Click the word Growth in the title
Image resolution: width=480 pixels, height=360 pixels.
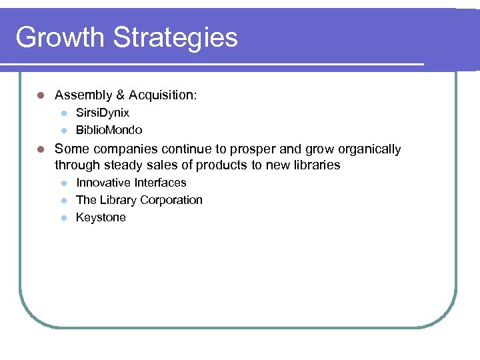tap(61, 37)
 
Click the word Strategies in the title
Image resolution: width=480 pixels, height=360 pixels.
tap(175, 37)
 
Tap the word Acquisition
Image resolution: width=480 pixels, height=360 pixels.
tap(163, 95)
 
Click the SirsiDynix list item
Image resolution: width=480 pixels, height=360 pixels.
tap(103, 113)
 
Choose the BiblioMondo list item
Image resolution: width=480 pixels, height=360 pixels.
tap(109, 130)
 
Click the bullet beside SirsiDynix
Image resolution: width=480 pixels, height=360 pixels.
tap(63, 113)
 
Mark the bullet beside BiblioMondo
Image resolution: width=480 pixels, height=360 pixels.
tap(63, 131)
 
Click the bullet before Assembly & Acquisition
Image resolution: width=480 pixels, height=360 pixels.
tap(41, 96)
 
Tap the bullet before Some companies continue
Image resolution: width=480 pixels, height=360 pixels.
tap(41, 149)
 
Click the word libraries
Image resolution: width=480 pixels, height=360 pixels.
tap(313, 165)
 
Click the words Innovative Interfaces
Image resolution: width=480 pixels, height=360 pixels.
tap(131, 183)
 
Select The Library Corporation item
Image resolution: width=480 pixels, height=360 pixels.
tap(139, 200)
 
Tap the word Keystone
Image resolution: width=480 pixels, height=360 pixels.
tap(101, 217)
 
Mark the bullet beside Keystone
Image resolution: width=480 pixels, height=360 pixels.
tap(63, 218)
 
